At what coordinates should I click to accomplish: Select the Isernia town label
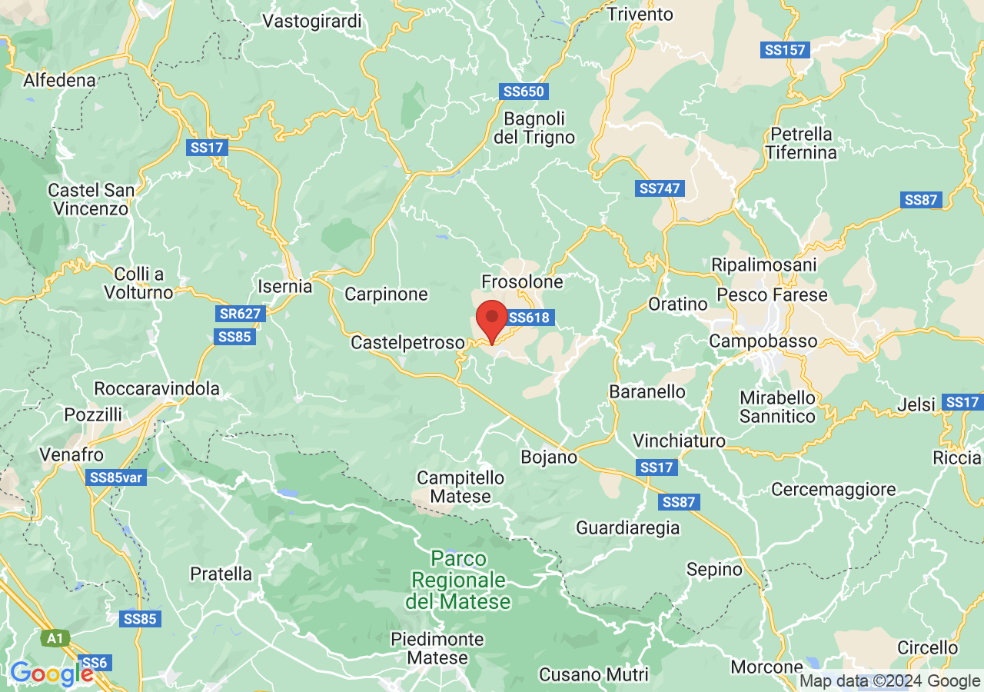284,287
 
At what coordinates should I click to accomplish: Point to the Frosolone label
522,282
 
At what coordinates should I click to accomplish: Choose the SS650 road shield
524,91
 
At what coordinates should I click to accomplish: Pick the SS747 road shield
661,188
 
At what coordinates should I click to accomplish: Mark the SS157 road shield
785,50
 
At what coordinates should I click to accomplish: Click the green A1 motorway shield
55,638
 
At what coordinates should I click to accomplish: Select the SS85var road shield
117,477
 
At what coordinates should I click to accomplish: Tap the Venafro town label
73,454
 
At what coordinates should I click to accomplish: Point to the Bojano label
549,457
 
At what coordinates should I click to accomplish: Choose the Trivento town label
640,14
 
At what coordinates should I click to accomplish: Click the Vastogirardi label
312,21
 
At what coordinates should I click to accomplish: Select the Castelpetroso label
407,343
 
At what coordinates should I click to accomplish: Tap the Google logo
52,674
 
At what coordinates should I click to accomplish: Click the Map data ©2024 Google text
889,680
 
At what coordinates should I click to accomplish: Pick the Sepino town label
714,570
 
